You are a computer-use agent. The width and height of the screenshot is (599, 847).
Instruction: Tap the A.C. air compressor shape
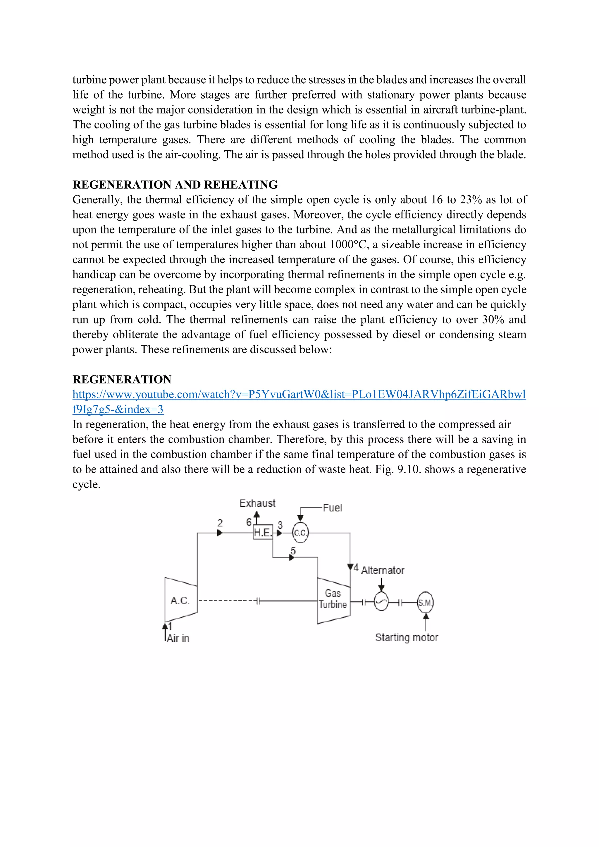[x=181, y=600]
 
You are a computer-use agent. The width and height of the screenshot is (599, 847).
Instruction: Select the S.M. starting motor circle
[x=425, y=602]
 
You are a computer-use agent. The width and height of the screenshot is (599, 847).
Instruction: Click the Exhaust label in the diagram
[x=257, y=503]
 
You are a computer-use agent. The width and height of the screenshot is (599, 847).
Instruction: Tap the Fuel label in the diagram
[x=332, y=508]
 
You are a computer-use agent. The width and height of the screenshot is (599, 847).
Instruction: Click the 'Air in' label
[x=178, y=638]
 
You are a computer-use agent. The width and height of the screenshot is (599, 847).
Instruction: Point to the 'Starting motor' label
[x=407, y=638]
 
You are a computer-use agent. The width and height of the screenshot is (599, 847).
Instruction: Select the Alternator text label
[x=383, y=570]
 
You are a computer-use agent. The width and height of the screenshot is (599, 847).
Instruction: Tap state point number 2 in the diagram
[x=220, y=523]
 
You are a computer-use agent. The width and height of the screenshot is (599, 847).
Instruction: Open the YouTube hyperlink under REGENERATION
[x=299, y=395]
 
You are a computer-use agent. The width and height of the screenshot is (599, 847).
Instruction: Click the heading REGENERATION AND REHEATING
[x=175, y=185]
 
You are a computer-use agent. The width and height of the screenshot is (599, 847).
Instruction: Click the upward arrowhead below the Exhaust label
[x=257, y=514]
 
